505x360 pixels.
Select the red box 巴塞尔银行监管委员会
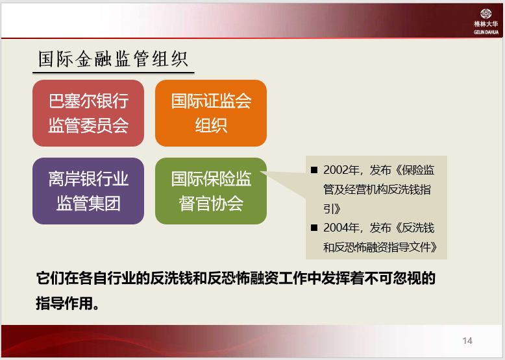pos(88,113)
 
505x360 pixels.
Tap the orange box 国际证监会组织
pos(210,113)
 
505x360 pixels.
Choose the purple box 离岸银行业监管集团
pos(88,191)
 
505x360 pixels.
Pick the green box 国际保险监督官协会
pos(210,191)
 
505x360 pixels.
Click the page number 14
pos(467,341)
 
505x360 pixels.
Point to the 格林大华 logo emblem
pos(486,14)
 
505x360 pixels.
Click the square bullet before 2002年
pos(314,171)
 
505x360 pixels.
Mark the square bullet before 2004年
pos(314,228)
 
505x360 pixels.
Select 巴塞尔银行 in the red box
pos(88,101)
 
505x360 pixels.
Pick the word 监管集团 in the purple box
pos(88,203)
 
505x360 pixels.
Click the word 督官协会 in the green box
pos(210,203)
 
